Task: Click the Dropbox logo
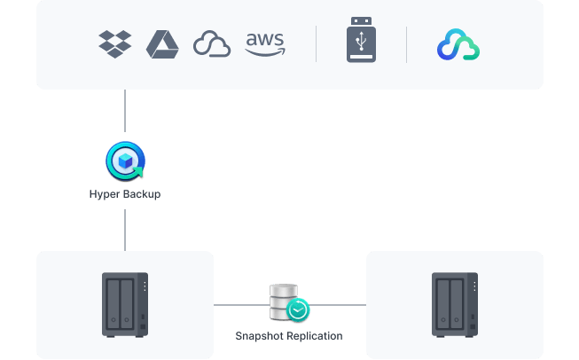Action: (115, 43)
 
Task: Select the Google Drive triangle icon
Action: (162, 44)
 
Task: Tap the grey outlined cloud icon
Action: (212, 44)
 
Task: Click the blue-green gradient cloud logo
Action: (458, 45)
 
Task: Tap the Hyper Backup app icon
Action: (124, 161)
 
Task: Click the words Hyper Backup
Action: (124, 194)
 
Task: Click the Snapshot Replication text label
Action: (288, 336)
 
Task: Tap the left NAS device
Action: (125, 304)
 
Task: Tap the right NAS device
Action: (454, 304)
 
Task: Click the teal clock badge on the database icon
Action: (299, 309)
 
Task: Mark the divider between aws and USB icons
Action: (317, 44)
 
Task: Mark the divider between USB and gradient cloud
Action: (406, 44)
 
